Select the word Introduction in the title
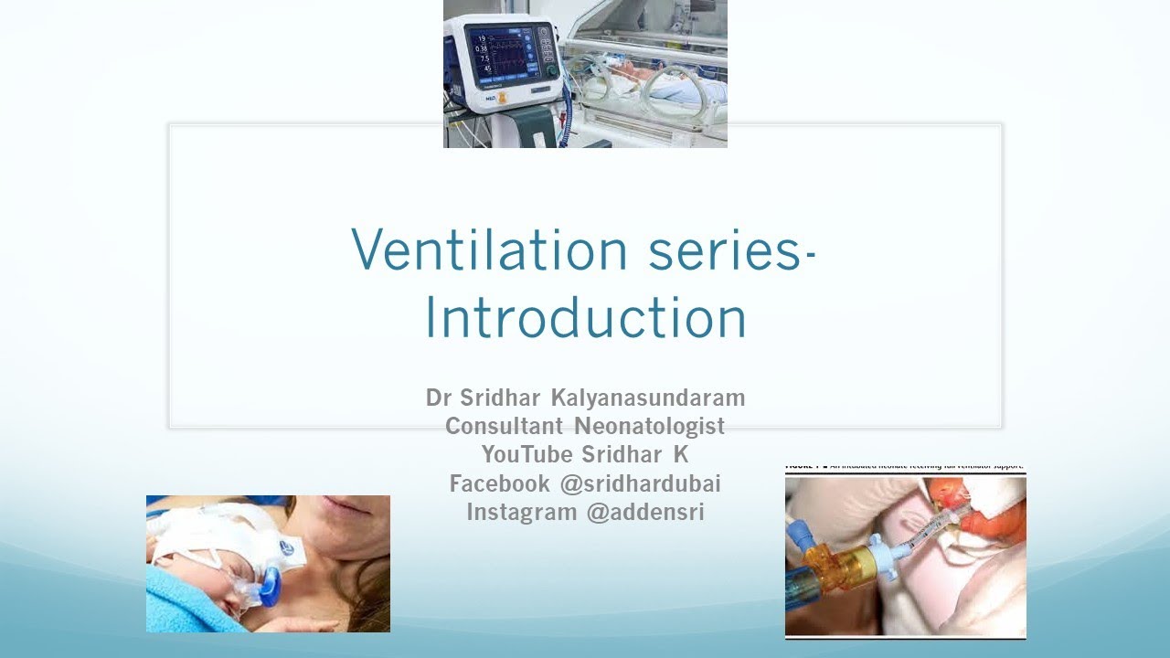click(x=585, y=318)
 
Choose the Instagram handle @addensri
click(x=645, y=512)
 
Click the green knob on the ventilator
click(x=551, y=70)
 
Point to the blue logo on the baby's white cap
click(x=286, y=547)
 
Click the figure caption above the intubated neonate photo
click(x=905, y=467)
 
